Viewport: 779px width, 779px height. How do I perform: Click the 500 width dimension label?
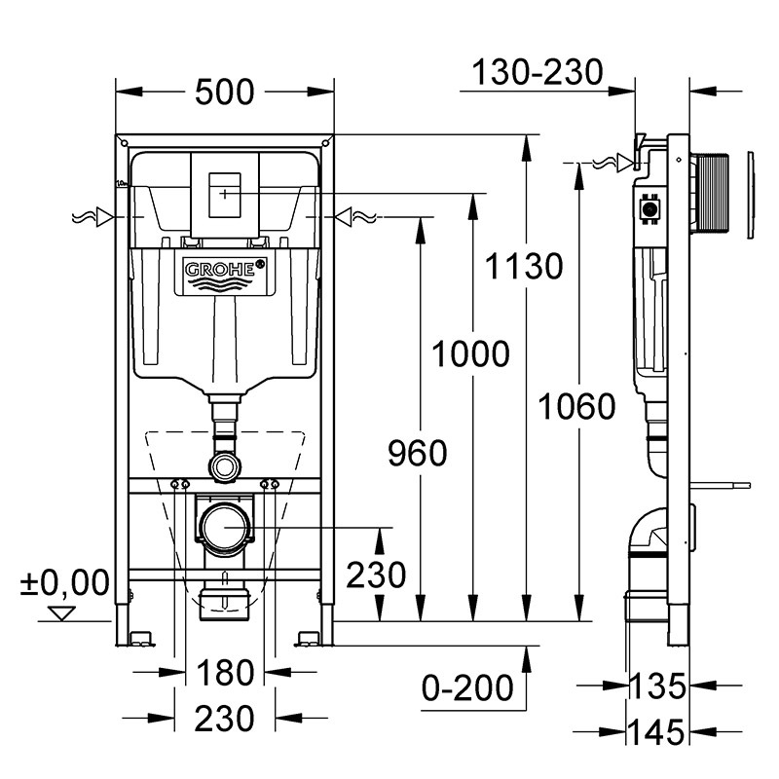[x=224, y=93]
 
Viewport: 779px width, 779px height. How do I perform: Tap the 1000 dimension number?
[x=471, y=354]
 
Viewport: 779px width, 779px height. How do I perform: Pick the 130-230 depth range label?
[x=538, y=72]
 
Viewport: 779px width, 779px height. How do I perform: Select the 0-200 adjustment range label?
[x=467, y=687]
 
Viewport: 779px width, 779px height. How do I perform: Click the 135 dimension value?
[x=655, y=686]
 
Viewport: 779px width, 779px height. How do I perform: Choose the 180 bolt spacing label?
[x=224, y=672]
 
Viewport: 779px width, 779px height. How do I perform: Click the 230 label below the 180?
[x=224, y=719]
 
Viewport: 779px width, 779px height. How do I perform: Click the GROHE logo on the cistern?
[x=225, y=270]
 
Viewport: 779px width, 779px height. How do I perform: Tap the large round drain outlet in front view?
[x=225, y=528]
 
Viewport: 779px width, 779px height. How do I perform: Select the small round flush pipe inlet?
[x=225, y=466]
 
